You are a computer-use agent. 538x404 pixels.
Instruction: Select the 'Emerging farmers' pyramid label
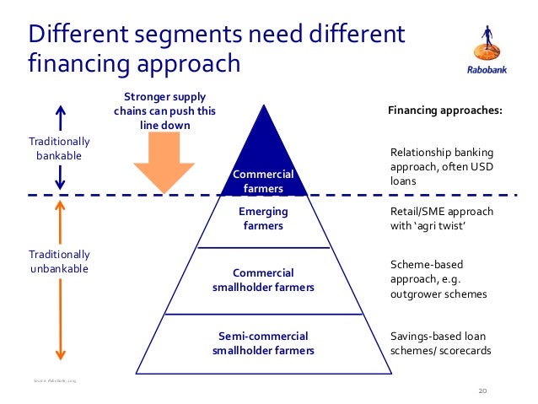click(263, 218)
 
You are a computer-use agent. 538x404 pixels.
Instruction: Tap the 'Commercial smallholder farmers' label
click(263, 280)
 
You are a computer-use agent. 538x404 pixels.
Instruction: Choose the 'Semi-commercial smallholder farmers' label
click(263, 342)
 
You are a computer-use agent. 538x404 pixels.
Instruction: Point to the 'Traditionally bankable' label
click(59, 148)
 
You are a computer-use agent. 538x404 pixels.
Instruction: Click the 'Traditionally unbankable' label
click(59, 261)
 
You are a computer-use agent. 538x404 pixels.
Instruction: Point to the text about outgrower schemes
click(439, 280)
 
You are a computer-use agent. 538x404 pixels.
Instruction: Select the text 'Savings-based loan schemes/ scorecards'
click(439, 342)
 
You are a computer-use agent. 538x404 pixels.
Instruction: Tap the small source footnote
click(56, 381)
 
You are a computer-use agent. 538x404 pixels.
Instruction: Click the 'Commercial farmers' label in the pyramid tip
click(263, 181)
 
